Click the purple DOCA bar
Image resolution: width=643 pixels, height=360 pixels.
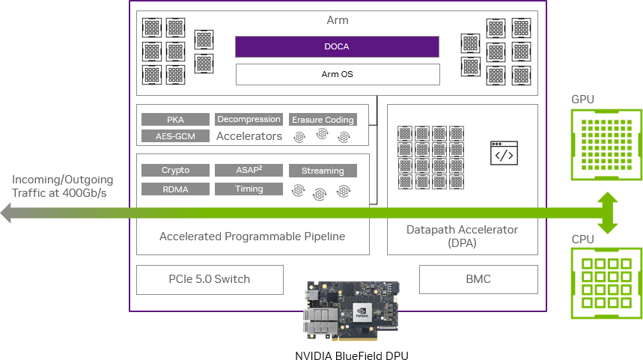(x=337, y=46)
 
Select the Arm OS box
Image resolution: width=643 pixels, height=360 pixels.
(x=337, y=74)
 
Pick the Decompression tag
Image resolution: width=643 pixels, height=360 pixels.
(x=249, y=119)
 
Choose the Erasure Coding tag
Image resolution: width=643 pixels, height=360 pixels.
(x=323, y=120)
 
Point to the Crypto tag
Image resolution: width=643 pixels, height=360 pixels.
(x=175, y=171)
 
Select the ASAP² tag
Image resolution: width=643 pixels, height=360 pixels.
(x=249, y=171)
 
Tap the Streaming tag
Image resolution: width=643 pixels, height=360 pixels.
(x=323, y=171)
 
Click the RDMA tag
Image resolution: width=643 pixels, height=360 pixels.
(x=175, y=189)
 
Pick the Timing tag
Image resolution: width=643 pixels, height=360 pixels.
(x=249, y=189)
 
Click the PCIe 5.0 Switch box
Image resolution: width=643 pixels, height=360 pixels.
(x=210, y=279)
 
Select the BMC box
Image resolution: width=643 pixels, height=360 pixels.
(x=478, y=279)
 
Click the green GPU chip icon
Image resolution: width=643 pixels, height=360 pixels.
(x=606, y=144)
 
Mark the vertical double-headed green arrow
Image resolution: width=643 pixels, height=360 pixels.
(x=607, y=213)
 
